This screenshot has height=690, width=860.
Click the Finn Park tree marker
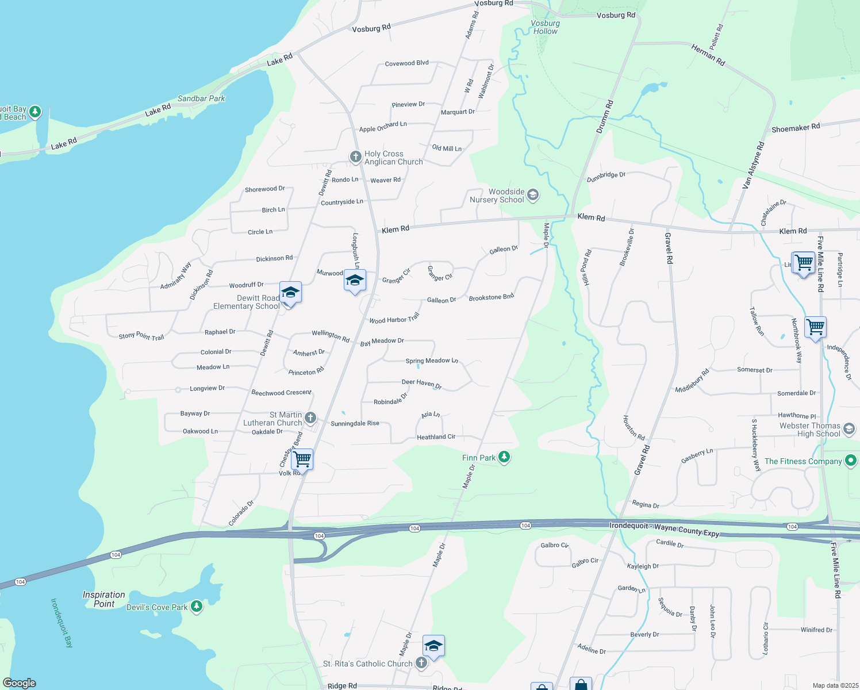point(504,457)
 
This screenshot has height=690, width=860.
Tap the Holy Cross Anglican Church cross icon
point(356,156)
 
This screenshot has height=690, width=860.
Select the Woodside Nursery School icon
point(533,195)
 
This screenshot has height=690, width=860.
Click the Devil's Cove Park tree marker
point(197,607)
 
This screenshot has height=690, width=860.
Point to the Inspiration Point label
point(103,599)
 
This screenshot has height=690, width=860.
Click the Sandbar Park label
point(201,98)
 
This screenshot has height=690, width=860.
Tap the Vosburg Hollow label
point(545,27)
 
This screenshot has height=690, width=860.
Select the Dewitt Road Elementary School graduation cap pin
point(290,293)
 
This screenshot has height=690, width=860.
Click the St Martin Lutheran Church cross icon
point(310,417)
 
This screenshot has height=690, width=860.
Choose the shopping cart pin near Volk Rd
point(302,459)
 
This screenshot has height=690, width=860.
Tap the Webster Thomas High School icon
point(849,429)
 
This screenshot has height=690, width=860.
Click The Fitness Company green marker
point(851,461)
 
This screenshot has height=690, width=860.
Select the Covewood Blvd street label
point(406,63)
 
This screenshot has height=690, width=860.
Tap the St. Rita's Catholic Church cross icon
point(421,663)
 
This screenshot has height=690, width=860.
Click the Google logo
point(19,683)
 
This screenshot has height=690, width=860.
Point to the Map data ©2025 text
point(835,685)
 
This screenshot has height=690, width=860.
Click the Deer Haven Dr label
point(421,384)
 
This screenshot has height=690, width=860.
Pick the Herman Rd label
point(708,55)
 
